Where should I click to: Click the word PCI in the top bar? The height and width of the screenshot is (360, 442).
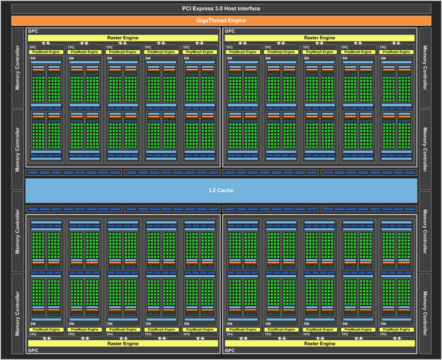[x=187, y=9]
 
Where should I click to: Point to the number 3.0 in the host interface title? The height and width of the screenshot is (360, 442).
[x=224, y=9]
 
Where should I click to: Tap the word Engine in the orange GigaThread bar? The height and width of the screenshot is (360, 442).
[x=236, y=20]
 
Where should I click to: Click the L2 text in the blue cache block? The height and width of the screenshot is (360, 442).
[x=212, y=190]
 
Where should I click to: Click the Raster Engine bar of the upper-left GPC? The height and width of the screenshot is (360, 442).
[x=123, y=38]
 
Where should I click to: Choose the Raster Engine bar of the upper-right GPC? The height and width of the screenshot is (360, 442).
[x=320, y=38]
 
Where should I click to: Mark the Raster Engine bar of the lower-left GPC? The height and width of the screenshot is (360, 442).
[x=123, y=343]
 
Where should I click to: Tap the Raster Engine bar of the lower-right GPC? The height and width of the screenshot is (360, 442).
[x=320, y=343]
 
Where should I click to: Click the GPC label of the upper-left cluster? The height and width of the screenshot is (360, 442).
[x=32, y=31]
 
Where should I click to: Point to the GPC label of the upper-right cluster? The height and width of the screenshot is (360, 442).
[x=230, y=31]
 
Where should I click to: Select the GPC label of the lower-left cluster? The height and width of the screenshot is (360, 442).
[x=32, y=351]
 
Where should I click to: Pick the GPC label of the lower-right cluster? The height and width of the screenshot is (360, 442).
[x=230, y=351]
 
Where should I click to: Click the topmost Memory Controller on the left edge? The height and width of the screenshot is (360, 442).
[x=18, y=68]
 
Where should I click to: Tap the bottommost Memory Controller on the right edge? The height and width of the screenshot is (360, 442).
[x=424, y=313]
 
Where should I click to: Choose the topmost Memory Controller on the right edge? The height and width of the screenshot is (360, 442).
[x=424, y=68]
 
